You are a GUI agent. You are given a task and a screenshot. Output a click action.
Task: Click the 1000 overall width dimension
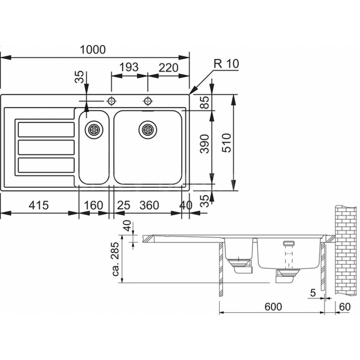coord(93,50)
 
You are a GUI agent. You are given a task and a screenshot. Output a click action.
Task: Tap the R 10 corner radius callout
coord(226,64)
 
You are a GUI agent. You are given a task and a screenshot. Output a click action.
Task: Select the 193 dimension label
coord(129,67)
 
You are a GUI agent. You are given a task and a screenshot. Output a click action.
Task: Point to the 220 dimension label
coord(168,68)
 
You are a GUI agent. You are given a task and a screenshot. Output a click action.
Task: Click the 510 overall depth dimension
coord(226,143)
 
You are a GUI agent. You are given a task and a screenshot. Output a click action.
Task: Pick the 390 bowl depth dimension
coord(204,144)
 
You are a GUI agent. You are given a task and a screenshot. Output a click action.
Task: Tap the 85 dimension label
coord(204,102)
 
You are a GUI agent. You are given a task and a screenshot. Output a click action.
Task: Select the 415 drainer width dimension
coord(39,205)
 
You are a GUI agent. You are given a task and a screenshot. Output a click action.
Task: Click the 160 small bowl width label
coord(93,205)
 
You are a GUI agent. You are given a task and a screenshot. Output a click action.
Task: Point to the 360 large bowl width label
coord(149,205)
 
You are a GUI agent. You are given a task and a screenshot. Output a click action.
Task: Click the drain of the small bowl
coord(94,129)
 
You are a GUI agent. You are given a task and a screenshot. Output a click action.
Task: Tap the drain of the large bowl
coord(148,129)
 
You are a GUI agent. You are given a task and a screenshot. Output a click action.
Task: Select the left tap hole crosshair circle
coord(112,101)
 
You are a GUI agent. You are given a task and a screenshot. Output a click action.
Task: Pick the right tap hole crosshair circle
coord(148,101)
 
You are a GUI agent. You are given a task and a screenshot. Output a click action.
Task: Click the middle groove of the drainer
coord(46,147)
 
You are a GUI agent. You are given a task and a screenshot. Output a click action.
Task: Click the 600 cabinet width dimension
coord(273,307)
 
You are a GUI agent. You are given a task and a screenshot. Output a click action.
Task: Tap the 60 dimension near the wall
coord(345,307)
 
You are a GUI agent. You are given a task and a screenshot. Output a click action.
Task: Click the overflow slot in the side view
coord(289,243)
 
